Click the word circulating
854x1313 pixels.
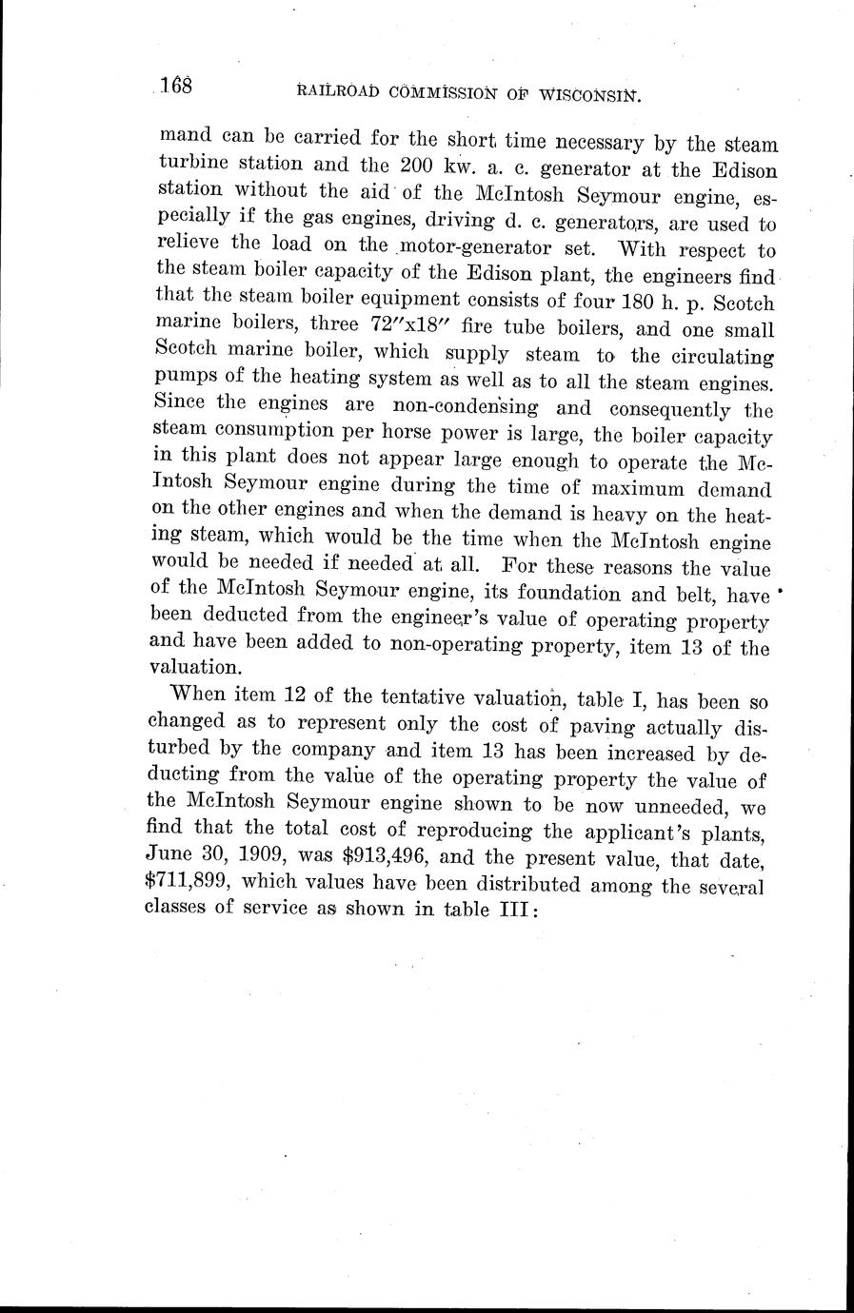[722, 358]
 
